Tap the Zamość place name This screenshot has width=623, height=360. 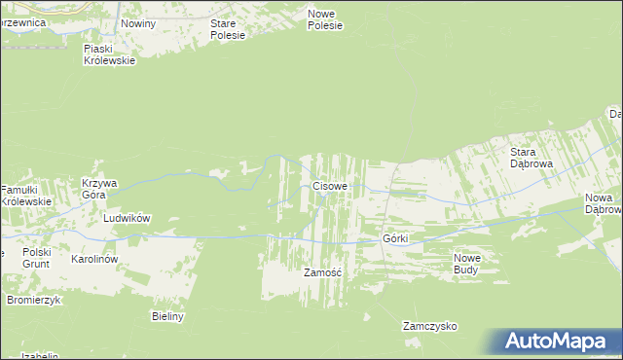322,272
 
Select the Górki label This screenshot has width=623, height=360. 395,238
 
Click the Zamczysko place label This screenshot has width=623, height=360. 429,327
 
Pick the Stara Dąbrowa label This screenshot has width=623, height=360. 531,158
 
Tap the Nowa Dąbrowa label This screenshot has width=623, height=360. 603,203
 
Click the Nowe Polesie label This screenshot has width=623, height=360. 325,19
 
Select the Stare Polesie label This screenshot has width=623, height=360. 228,28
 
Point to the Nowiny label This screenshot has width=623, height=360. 137,22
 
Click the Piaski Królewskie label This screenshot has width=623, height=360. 109,53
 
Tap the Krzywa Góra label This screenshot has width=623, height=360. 99,189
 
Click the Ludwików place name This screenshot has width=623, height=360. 127,219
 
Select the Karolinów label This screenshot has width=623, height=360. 94,260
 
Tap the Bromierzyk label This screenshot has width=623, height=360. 34,300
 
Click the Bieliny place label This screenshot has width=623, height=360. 168,316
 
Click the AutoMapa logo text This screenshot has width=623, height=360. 562,342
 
